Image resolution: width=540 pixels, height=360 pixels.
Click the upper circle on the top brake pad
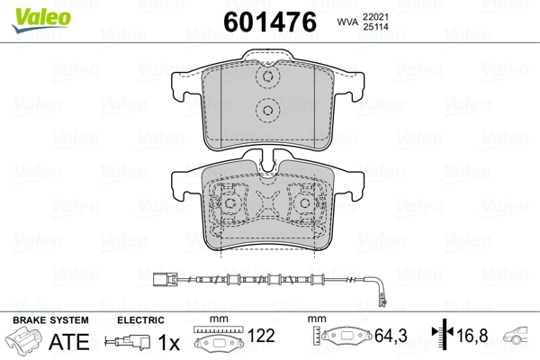coord(266,79)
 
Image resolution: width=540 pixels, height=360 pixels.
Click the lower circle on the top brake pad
coord(266,112)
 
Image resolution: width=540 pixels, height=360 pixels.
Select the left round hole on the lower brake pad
coord(230,204)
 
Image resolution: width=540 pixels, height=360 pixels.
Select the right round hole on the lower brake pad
coord(303,204)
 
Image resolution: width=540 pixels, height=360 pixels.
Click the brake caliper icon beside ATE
coord(27,343)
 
